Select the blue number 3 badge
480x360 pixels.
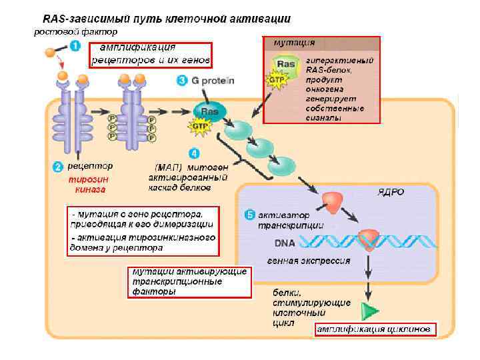tap(181, 81)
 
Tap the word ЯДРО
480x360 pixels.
tap(391, 192)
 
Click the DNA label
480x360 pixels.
tap(285, 243)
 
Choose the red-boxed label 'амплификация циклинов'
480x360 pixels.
tap(375, 329)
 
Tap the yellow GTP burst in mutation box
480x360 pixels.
tap(275, 79)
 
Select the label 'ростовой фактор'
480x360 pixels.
tap(76, 31)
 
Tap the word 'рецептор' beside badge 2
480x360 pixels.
tap(91, 166)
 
